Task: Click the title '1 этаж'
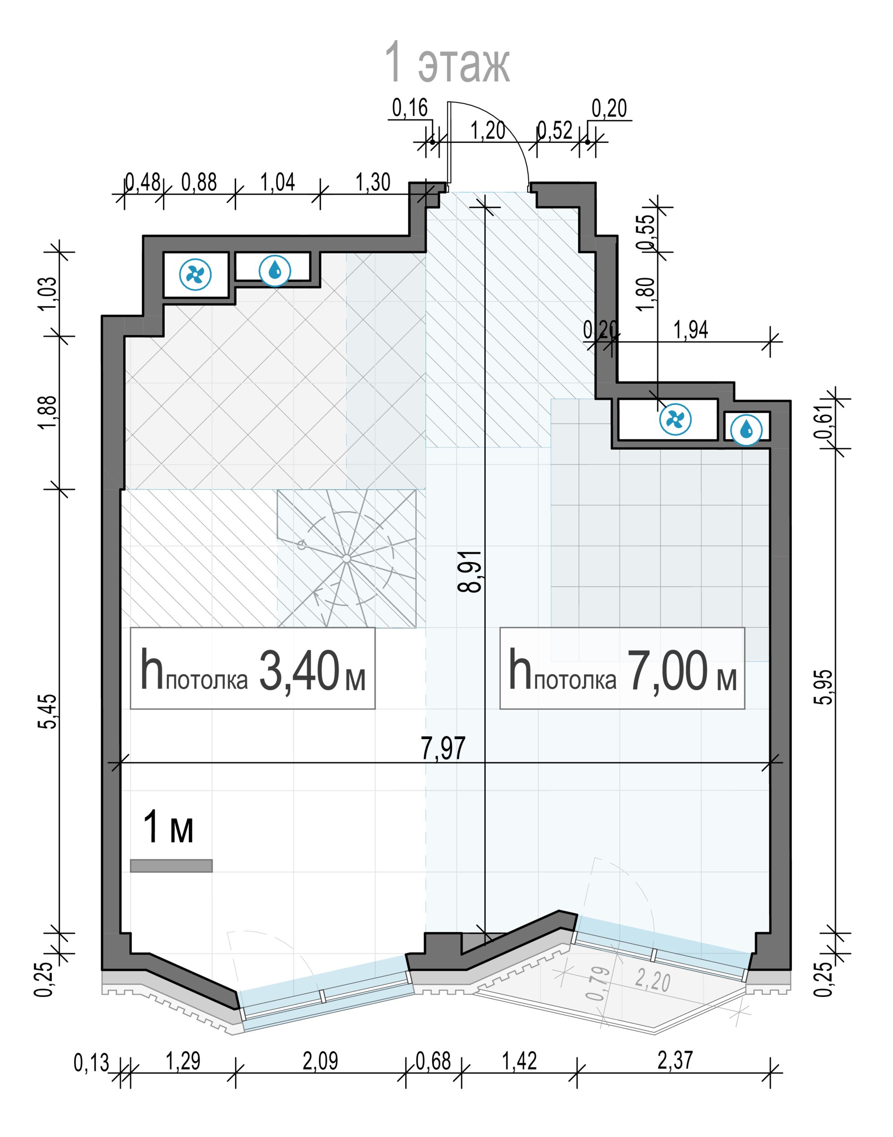point(447,63)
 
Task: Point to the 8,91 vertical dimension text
point(469,571)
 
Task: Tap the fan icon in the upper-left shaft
point(196,274)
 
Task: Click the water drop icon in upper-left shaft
point(275,271)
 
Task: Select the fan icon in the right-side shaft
point(676,419)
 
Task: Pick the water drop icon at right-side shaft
point(747,430)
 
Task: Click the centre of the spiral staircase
point(346,559)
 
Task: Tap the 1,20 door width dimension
point(488,130)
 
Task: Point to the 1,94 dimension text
point(691,330)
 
